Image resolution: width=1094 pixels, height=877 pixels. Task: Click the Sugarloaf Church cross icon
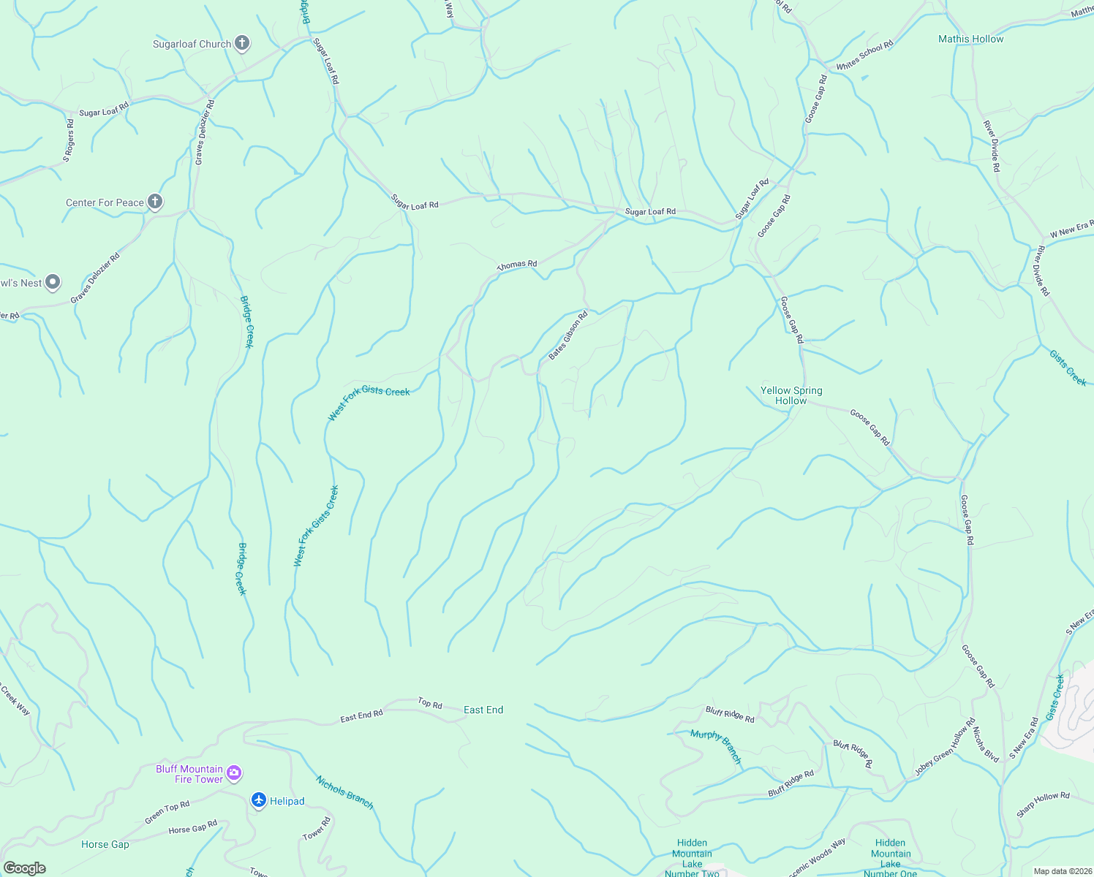point(242,44)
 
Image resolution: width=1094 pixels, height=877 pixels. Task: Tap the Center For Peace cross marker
point(154,202)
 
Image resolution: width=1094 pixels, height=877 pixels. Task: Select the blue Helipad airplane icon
point(259,800)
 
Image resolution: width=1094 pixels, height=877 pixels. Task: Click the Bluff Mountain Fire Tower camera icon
point(234,772)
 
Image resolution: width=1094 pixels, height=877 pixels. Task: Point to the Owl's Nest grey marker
point(52,282)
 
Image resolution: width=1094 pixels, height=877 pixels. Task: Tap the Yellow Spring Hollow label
point(791,395)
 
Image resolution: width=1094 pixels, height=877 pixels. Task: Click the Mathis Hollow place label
point(970,39)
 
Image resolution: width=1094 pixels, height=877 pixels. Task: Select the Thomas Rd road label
point(517,265)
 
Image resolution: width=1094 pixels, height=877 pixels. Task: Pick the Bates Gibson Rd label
point(568,336)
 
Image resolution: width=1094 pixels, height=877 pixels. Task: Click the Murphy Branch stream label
point(716,746)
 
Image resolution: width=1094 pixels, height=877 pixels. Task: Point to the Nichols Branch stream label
point(344,792)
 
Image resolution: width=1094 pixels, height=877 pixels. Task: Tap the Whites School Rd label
point(864,56)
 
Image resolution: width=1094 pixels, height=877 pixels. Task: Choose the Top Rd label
point(430,704)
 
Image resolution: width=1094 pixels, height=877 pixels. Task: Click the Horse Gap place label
point(105,844)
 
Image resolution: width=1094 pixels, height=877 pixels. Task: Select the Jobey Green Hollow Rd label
point(945,748)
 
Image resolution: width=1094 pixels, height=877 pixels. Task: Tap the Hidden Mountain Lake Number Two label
point(692,857)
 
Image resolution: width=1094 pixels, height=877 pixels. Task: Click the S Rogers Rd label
point(68,140)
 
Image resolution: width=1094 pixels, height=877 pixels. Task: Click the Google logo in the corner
point(24,867)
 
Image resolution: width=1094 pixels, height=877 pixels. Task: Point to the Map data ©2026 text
point(1060,871)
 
